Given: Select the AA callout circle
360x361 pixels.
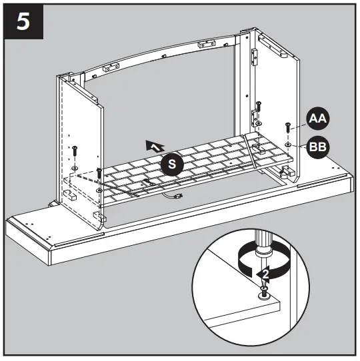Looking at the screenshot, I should click(317, 121).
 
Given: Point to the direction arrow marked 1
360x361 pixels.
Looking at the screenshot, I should click(155, 145).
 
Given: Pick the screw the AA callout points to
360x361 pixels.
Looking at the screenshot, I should click(287, 127).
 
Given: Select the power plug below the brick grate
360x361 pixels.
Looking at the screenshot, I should click(179, 196).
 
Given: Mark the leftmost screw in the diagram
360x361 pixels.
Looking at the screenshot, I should click(75, 149).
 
